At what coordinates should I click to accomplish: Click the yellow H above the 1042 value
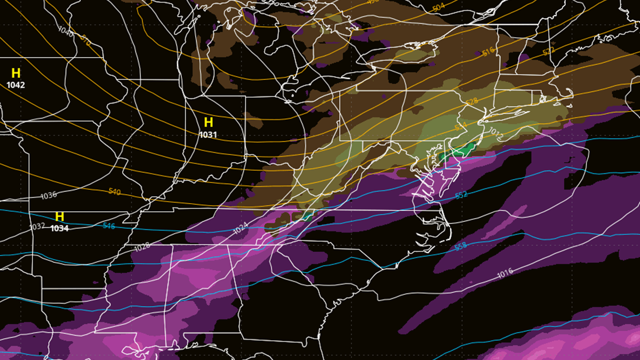(16, 74)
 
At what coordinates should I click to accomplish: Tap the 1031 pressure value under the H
(208, 135)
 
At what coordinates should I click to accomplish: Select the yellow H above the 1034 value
(60, 217)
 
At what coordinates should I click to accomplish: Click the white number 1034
(60, 228)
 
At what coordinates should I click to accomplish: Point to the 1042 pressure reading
(16, 85)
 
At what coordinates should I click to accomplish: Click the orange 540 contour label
(115, 191)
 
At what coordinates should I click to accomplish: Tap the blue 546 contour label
(109, 226)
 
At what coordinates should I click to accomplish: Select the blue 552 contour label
(461, 195)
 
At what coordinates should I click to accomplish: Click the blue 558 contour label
(461, 246)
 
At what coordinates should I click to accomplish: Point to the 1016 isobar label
(505, 274)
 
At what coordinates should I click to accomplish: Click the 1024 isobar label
(241, 230)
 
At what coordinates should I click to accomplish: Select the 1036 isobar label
(49, 196)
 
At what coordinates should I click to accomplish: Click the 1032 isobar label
(37, 226)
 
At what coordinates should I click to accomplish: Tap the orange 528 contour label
(471, 101)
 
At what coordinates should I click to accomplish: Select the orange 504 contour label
(438, 7)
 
